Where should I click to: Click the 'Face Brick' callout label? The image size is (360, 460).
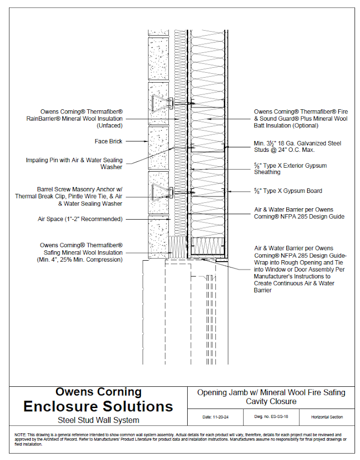[x=109, y=141]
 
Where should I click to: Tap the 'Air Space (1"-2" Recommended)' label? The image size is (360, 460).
[x=80, y=219]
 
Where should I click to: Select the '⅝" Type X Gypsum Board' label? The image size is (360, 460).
[x=288, y=191]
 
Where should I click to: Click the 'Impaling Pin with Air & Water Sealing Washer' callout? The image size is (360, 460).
[x=74, y=163]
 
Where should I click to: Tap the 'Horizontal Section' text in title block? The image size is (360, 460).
[x=327, y=417]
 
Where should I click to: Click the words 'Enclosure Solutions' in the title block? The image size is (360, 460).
[x=98, y=406]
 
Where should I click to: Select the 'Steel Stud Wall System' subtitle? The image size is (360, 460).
[x=98, y=420]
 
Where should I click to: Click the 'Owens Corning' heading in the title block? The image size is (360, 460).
[x=98, y=392]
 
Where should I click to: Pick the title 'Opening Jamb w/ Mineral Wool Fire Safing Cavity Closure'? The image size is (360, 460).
[x=271, y=397]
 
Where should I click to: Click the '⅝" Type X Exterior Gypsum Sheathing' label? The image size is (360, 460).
[x=290, y=169]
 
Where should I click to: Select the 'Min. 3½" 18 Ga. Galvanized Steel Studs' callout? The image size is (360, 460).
[x=297, y=146]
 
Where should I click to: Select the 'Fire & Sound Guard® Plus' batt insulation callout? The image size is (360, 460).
[x=300, y=118]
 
